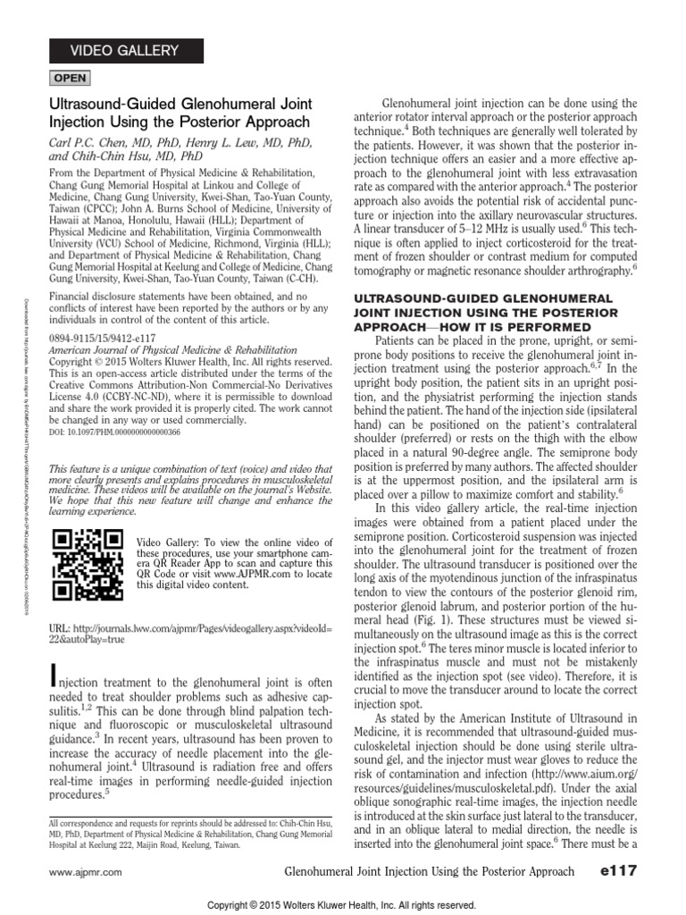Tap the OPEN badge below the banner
pyautogui.click(x=71, y=79)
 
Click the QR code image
pyautogui.click(x=88, y=566)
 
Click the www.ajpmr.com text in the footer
pyautogui.click(x=85, y=871)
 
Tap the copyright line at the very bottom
pyautogui.click(x=342, y=904)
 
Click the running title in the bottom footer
pyautogui.click(x=428, y=870)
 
